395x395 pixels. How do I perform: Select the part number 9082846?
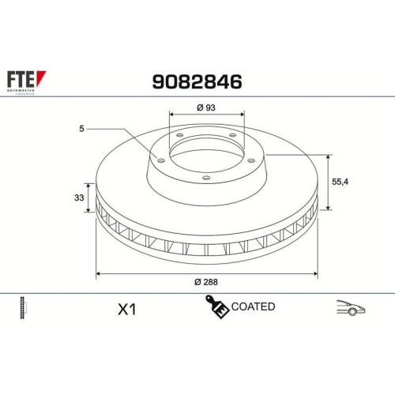coord(196,81)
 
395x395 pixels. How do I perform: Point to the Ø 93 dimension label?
coord(206,108)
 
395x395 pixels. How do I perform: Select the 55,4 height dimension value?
coord(340,181)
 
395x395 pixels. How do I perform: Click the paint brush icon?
coord(217,307)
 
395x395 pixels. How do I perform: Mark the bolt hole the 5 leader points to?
coord(161,160)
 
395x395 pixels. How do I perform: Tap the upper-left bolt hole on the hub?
coord(179,136)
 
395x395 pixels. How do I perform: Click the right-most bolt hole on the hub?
coord(250,160)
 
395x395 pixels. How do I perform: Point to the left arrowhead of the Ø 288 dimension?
coord(98,274)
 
